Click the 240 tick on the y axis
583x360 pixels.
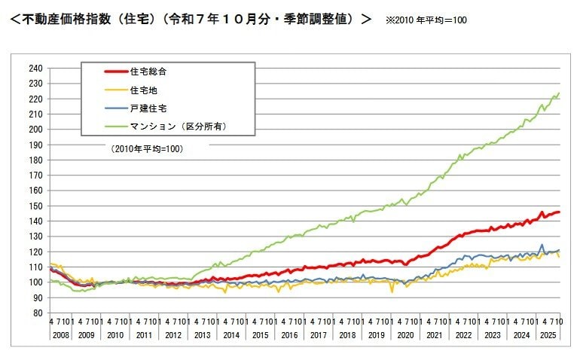tap(35, 68)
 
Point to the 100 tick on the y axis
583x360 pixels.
tap(35, 282)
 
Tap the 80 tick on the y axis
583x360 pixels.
tap(37, 313)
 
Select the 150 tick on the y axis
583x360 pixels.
tap(35, 206)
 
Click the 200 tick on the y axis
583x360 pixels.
tap(35, 129)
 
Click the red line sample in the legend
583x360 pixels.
tap(116, 72)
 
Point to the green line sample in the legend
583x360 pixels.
tap(116, 127)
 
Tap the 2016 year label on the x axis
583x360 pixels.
tap(288, 334)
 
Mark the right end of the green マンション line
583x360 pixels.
tap(558, 93)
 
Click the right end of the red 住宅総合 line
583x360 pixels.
tap(558, 212)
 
